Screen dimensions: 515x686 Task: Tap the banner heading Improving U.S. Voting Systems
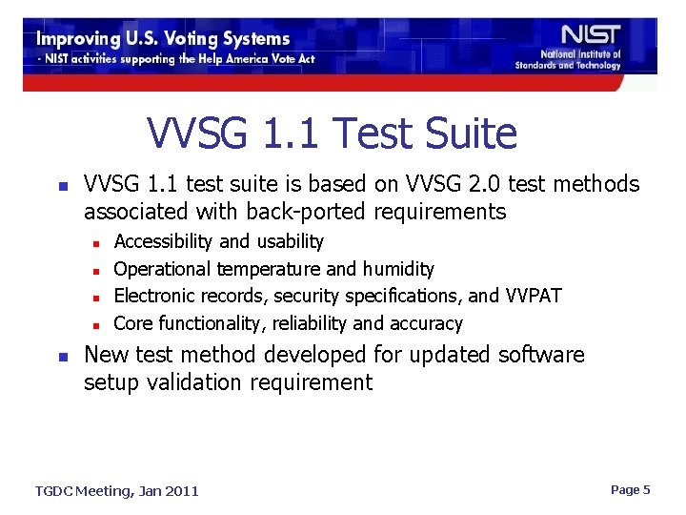click(x=163, y=39)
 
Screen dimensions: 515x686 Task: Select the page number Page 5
click(x=630, y=489)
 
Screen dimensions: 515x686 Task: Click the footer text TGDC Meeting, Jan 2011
click(x=117, y=490)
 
